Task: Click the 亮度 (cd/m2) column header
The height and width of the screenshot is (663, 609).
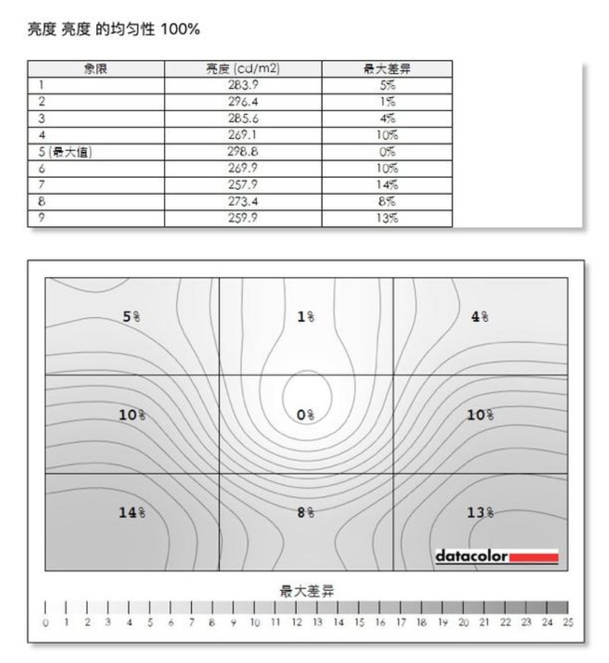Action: tap(243, 69)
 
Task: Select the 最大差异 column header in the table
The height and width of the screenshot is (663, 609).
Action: tap(388, 69)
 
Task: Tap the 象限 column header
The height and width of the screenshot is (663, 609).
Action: tap(95, 69)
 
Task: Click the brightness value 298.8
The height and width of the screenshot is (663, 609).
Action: tap(244, 152)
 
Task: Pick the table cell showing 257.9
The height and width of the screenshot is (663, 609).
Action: tap(244, 185)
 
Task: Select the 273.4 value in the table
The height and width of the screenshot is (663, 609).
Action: tap(244, 202)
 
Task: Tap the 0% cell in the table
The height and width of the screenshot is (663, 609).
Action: tap(388, 152)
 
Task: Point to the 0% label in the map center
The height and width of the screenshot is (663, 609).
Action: tap(306, 415)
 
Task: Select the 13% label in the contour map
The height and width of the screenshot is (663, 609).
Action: tap(480, 513)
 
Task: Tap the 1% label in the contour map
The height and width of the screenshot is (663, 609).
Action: tap(306, 317)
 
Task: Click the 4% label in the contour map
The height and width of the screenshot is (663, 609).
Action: tap(480, 317)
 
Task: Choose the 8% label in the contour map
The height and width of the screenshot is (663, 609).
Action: tap(306, 513)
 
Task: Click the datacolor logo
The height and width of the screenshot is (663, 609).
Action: tap(497, 557)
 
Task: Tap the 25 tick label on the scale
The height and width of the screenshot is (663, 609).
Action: tap(568, 622)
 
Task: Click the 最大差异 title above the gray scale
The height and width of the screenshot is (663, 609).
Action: tap(307, 591)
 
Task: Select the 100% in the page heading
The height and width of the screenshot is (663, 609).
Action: tap(181, 30)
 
